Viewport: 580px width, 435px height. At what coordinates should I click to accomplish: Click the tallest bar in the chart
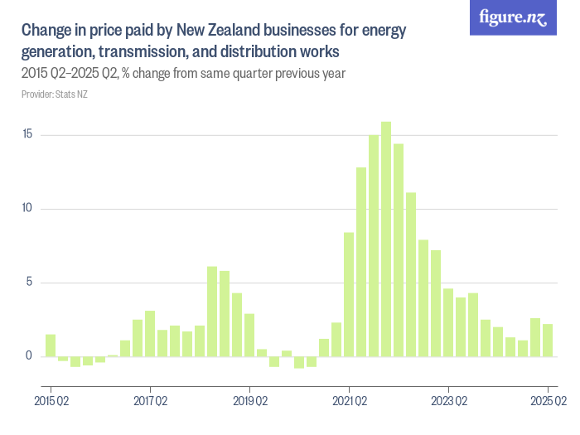click(x=386, y=239)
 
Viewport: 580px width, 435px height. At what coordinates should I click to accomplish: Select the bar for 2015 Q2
click(x=51, y=346)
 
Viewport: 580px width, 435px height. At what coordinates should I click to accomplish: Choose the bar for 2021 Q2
click(x=349, y=295)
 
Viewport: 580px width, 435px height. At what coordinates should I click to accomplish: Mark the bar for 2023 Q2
click(x=448, y=323)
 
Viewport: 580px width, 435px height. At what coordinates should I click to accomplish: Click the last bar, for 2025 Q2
click(x=548, y=341)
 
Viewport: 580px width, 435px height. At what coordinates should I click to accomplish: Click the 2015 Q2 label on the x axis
click(x=51, y=402)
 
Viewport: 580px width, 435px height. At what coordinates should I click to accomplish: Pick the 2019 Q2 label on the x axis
click(x=249, y=402)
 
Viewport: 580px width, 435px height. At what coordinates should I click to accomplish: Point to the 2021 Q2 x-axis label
click(x=349, y=402)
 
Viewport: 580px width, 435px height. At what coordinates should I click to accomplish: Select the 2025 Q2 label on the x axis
click(x=548, y=402)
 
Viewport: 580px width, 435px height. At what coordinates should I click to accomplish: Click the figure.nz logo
click(x=514, y=17)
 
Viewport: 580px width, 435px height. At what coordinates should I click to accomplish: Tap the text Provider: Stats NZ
click(x=54, y=94)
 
